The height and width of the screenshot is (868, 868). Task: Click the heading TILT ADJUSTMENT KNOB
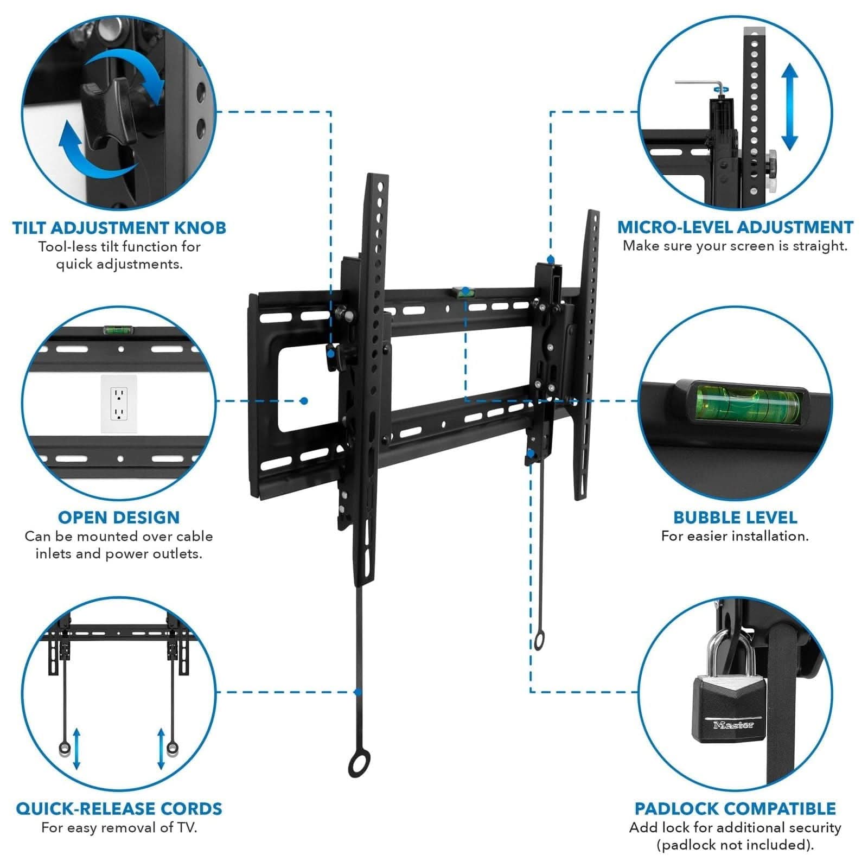point(119,228)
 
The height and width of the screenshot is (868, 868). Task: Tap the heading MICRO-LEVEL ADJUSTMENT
point(735,227)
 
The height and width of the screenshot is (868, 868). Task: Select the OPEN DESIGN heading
point(119,518)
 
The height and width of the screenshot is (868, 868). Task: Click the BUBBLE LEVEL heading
point(735,518)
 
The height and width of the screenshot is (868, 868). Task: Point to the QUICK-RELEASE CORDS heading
point(119,808)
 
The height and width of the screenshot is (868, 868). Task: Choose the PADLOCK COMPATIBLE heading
point(735,808)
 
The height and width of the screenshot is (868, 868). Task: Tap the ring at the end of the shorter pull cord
point(539,641)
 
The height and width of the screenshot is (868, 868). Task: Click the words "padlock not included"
point(735,845)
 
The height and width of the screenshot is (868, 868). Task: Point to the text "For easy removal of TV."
point(119,828)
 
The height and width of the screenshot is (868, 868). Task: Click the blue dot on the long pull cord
point(358,692)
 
